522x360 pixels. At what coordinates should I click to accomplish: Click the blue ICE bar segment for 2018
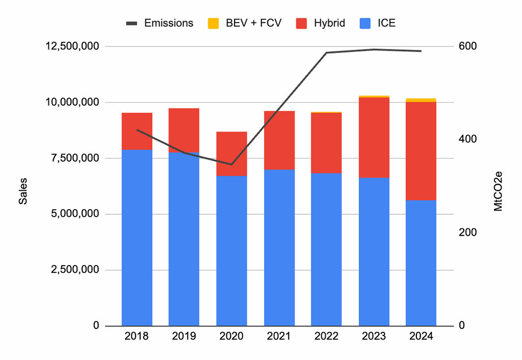point(137,237)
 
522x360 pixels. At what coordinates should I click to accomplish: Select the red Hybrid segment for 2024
point(421,151)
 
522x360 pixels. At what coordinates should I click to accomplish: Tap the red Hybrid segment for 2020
point(231,154)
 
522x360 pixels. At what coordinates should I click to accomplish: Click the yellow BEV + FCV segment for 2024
point(421,100)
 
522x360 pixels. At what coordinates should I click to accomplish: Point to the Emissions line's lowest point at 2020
point(231,164)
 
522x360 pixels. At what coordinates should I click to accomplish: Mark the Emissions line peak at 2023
point(374,49)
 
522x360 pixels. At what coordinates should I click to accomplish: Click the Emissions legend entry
point(160,23)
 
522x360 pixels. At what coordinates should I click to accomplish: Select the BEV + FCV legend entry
point(245,23)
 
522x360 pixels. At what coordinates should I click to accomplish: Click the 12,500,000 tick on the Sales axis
point(71,46)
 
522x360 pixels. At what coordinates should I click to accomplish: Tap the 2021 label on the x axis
point(279,337)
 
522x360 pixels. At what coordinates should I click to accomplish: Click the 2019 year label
point(184,337)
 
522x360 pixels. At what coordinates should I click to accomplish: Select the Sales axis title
point(23,191)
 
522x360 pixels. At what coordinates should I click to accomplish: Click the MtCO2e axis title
point(499,191)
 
